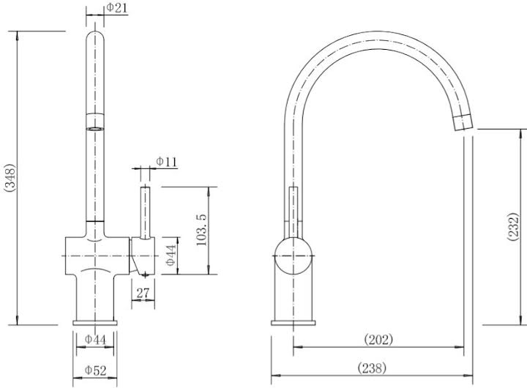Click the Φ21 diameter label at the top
tap(117, 7)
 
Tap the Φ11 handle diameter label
tap(166, 162)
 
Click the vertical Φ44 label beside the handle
tap(169, 255)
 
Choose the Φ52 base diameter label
tap(96, 371)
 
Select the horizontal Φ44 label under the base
tap(96, 340)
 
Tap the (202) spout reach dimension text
tap(378, 339)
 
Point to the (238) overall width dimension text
tap(371, 368)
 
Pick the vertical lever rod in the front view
tap(145, 212)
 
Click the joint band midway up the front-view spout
tap(96, 122)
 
